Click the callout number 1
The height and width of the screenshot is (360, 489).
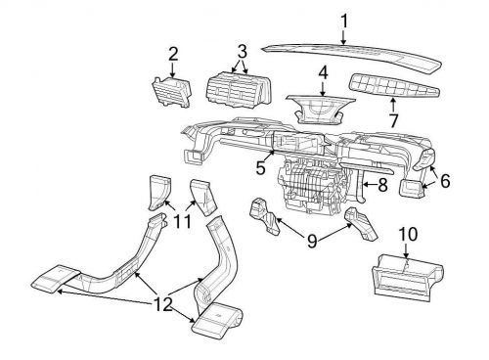point(342,19)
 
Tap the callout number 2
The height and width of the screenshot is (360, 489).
point(172,54)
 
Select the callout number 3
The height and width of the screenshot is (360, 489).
point(242,49)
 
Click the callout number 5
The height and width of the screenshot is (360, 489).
point(261,168)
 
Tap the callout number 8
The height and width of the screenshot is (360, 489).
point(381,183)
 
